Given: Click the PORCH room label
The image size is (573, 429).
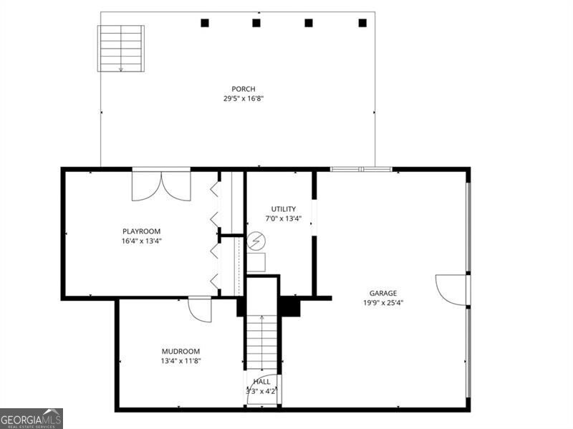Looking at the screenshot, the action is coord(244,89).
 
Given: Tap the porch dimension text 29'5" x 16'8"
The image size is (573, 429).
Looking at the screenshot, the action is coord(244,98).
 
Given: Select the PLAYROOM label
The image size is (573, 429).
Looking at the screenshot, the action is coord(141,231).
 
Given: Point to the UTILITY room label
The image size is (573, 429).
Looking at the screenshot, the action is coord(283,209).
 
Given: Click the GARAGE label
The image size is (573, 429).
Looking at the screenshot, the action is coord(383,293).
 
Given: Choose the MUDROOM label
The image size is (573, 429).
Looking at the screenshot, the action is coord(181,352).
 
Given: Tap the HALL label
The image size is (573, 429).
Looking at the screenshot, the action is coord(262,382).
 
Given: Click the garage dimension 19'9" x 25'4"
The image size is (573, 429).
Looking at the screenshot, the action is coord(383,302).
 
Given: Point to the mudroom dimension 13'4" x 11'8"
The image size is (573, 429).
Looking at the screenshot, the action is coord(181,361).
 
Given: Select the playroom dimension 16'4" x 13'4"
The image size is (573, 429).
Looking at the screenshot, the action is coord(141,241).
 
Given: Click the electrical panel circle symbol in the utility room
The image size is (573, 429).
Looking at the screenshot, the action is coord(256,241).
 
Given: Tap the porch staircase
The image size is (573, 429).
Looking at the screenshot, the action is coord(121,49).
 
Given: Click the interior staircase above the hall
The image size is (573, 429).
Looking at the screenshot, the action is coord(262,342).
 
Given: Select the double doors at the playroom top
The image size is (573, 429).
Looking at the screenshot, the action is coord(161,186).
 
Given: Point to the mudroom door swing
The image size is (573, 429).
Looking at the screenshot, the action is coord(200,311).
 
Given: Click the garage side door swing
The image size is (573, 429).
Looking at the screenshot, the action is coord(452,290).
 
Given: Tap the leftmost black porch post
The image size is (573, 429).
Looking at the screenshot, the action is coord(205,23).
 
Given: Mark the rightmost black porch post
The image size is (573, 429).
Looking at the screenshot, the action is coord(362,23).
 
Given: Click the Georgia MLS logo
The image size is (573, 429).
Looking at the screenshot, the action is coord(32,419).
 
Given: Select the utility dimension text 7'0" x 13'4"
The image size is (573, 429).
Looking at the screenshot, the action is coord(283,219).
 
